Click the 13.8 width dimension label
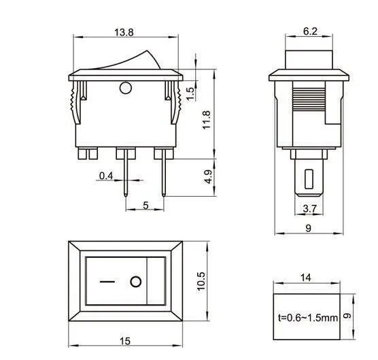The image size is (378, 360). click(123, 32)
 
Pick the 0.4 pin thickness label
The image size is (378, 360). click(106, 176)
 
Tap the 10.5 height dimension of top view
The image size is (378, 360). click(202, 280)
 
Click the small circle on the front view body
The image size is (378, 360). click(125, 87)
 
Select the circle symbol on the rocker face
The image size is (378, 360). click(137, 281)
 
